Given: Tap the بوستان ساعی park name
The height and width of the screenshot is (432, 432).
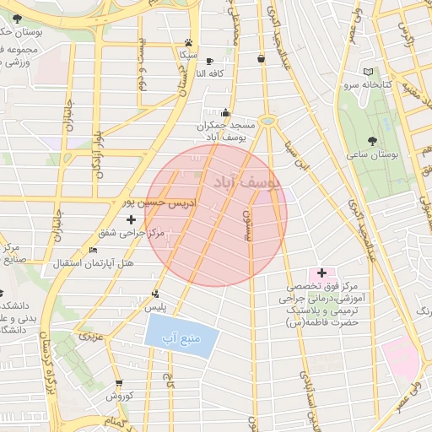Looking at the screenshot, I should pyautogui.click(x=372, y=155).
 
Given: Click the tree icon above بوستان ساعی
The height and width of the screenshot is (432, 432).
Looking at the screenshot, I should pyautogui.click(x=372, y=141).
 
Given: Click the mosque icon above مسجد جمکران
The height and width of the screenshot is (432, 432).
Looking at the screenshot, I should pyautogui.click(x=224, y=113).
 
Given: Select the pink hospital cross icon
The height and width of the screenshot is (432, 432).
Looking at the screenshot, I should pyautogui.click(x=321, y=273).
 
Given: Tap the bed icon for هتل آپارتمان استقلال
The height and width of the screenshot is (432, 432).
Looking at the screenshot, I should pyautogui.click(x=93, y=251).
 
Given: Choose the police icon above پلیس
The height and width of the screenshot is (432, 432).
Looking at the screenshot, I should pyautogui.click(x=154, y=294).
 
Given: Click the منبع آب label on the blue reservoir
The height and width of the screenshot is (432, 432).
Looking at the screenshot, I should pyautogui.click(x=181, y=339).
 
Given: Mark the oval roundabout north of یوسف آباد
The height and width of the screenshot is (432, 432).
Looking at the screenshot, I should pyautogui.click(x=268, y=121).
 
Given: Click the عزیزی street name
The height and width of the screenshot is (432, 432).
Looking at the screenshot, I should pyautogui.click(x=90, y=337).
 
